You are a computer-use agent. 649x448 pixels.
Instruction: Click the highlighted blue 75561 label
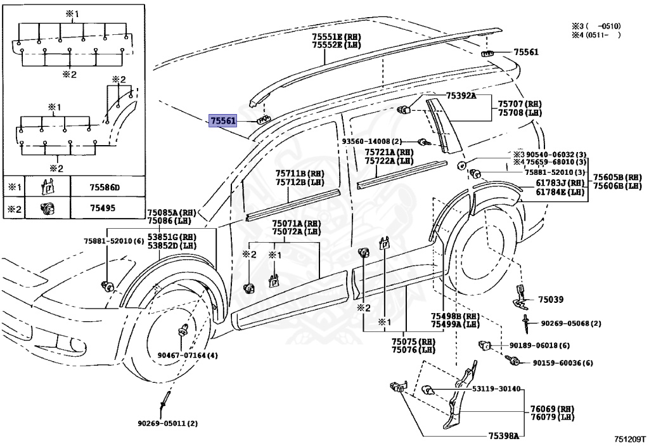[x=223, y=121]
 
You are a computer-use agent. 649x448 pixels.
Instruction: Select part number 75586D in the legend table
[x=105, y=188]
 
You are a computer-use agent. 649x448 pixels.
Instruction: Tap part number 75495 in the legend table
[x=103, y=208]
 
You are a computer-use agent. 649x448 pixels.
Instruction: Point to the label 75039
[x=551, y=299]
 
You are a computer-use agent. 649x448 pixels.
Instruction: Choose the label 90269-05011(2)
[x=167, y=423]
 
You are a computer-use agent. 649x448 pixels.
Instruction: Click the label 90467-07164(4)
[x=188, y=355]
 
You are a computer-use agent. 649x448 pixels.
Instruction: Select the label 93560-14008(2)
[x=371, y=141]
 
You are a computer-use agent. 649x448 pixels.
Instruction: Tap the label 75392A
[x=461, y=96]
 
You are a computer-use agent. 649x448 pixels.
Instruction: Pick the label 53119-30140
[x=496, y=389]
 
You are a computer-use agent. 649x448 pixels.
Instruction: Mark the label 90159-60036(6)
[x=563, y=363]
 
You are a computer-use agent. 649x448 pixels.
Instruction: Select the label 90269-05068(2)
[x=571, y=323]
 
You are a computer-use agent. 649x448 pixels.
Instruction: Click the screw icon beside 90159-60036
[x=513, y=361]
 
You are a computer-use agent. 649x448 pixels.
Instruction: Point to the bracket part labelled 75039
[x=521, y=297]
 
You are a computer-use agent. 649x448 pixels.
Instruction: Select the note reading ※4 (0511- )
[x=596, y=35]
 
